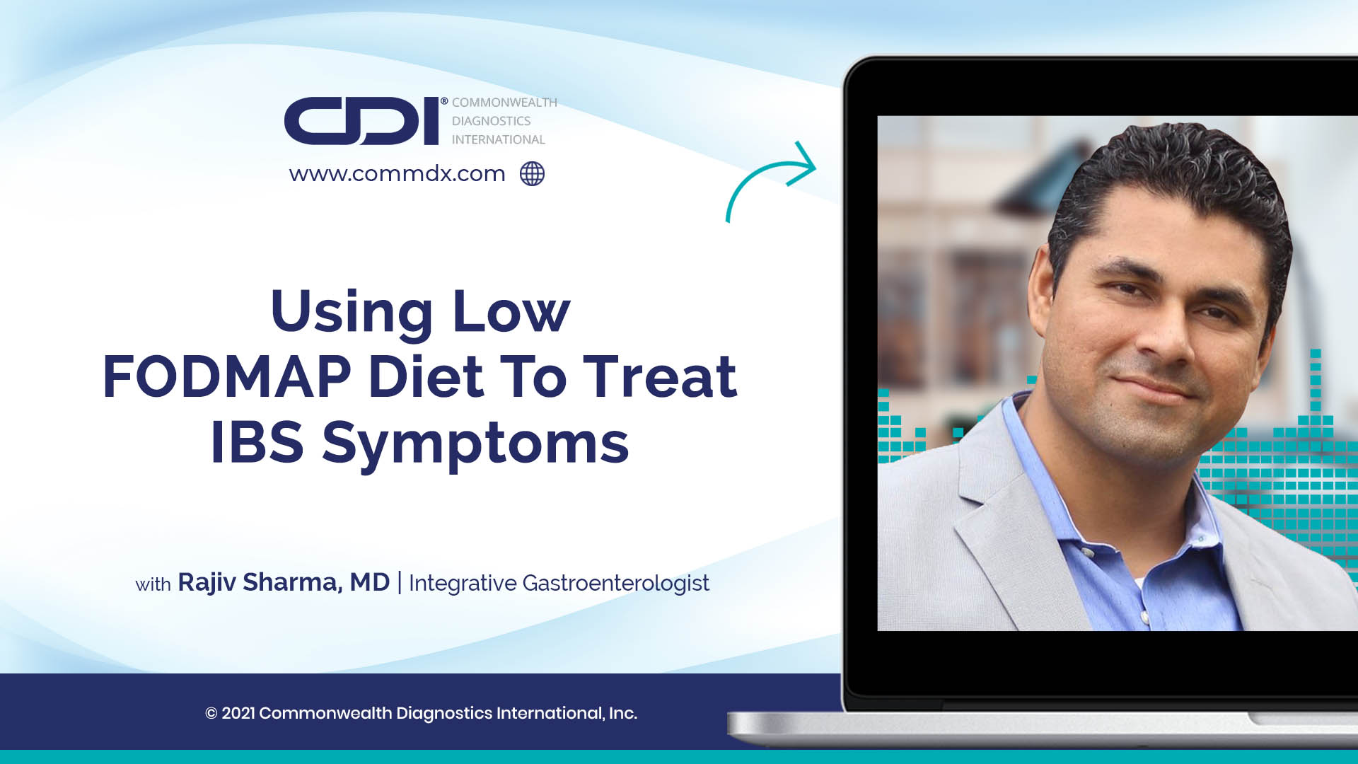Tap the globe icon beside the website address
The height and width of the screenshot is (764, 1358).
(532, 173)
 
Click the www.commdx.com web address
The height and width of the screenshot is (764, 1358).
(397, 173)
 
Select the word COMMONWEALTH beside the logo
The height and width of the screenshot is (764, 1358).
(504, 103)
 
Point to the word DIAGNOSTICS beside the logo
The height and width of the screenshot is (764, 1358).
(491, 121)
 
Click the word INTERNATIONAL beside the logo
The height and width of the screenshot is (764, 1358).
(498, 139)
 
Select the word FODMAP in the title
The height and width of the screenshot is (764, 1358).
(226, 376)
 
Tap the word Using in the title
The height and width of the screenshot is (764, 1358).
(351, 311)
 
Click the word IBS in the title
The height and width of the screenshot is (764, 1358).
(257, 443)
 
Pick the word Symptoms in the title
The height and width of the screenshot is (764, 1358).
(475, 444)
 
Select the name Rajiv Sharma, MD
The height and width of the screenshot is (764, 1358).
(283, 582)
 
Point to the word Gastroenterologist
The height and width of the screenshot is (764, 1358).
(615, 583)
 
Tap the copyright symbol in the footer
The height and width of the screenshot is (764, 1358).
(211, 713)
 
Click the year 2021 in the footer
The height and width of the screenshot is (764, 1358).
(238, 713)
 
